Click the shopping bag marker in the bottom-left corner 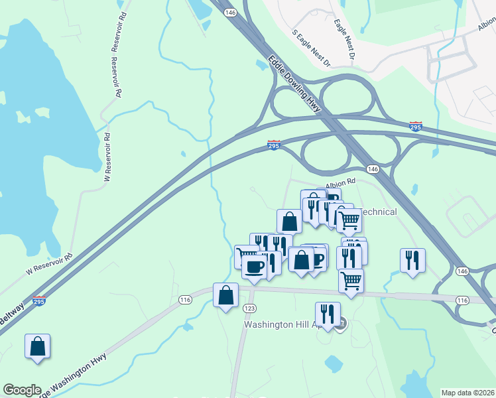[38, 346]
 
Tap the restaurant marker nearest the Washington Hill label [328, 314]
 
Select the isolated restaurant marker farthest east [412, 260]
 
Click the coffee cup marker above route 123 [254, 267]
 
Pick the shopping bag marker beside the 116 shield [225, 295]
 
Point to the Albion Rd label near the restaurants [340, 180]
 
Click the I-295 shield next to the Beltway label [39, 301]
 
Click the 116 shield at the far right [462, 300]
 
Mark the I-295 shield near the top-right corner [416, 126]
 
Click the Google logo [21, 390]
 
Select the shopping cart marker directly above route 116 [351, 280]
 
